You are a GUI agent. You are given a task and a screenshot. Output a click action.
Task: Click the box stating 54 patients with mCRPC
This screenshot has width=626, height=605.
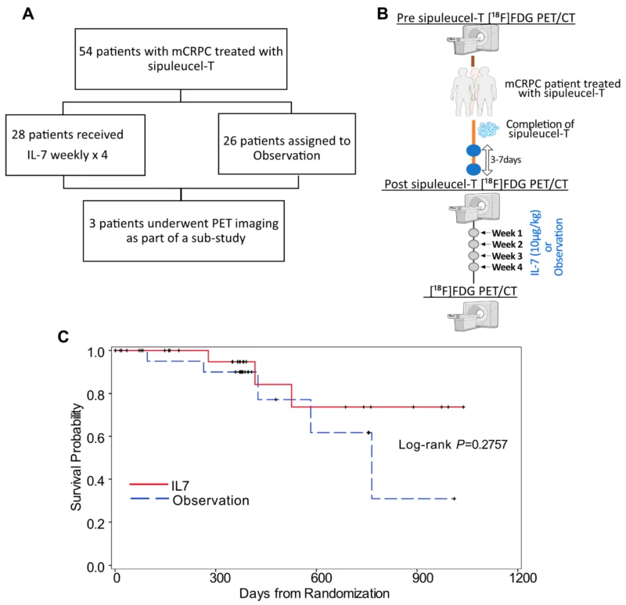click(x=181, y=59)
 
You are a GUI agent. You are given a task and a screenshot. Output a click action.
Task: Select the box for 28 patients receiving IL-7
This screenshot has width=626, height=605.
click(x=75, y=145)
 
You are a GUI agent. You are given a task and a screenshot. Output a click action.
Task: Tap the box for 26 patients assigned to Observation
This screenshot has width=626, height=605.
click(x=286, y=144)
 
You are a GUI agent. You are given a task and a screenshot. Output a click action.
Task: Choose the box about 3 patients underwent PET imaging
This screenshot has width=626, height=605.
click(x=184, y=231)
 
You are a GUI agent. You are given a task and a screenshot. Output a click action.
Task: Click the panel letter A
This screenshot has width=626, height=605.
click(x=28, y=14)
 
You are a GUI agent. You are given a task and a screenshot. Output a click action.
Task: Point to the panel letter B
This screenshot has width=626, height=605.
click(x=383, y=13)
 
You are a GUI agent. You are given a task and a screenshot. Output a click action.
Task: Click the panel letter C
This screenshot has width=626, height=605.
click(x=63, y=337)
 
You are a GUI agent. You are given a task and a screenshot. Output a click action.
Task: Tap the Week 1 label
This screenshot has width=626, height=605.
click(x=506, y=233)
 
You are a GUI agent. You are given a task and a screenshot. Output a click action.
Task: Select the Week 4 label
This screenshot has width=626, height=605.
click(x=506, y=267)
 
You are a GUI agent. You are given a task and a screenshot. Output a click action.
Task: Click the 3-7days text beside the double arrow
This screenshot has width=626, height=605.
click(x=505, y=160)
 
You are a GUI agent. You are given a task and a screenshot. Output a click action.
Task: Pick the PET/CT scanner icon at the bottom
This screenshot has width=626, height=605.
click(x=473, y=316)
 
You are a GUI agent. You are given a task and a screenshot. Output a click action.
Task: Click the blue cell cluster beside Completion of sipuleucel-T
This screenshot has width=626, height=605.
click(x=488, y=130)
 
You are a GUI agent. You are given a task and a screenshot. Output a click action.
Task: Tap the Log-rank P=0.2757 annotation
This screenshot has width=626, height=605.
click(x=453, y=444)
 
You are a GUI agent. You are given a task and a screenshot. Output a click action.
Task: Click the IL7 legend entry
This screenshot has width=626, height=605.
click(x=160, y=485)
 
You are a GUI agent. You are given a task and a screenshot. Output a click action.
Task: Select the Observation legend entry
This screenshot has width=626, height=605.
click(x=189, y=500)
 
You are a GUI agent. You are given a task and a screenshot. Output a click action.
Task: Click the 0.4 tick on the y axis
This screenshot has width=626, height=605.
click(x=96, y=480)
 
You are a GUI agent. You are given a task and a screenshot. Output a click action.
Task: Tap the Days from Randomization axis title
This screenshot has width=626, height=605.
click(x=315, y=593)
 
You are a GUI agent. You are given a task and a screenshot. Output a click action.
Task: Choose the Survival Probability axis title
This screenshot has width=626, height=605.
click(x=76, y=457)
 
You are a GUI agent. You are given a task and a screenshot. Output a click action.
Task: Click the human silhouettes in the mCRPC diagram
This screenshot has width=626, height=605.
click(x=474, y=91)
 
